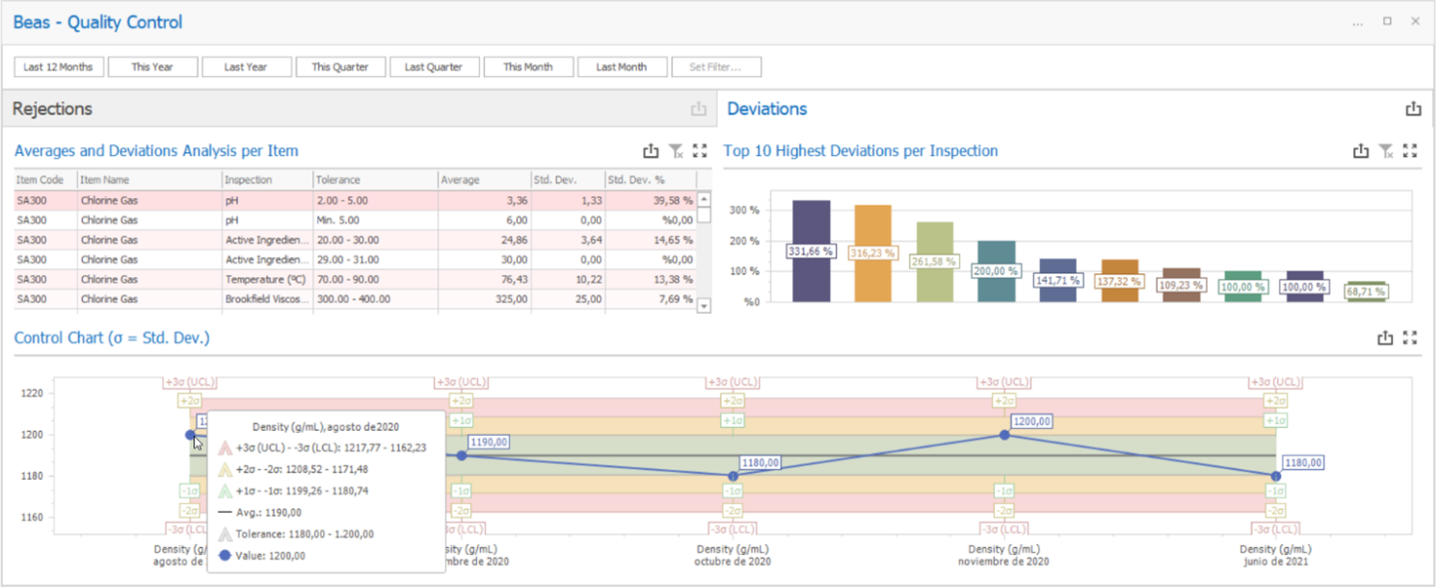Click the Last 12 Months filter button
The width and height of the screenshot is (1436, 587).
tap(58, 67)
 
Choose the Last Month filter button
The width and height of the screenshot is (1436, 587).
tap(621, 67)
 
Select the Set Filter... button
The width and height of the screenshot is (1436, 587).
tap(715, 67)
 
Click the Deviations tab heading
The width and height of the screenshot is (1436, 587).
tap(767, 109)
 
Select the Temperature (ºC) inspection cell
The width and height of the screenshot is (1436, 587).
tap(266, 280)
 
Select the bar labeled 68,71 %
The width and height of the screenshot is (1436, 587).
tap(1366, 293)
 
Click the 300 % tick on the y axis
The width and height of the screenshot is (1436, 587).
tap(745, 211)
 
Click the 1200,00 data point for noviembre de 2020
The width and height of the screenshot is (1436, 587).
tap(1005, 435)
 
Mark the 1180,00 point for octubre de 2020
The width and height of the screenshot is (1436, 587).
tap(734, 476)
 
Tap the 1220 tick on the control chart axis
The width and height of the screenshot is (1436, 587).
tap(32, 394)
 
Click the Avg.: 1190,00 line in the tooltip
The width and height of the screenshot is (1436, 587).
tap(268, 513)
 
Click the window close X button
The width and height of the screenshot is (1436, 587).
tap(1416, 21)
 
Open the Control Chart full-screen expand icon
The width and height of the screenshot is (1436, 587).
tap(1410, 338)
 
